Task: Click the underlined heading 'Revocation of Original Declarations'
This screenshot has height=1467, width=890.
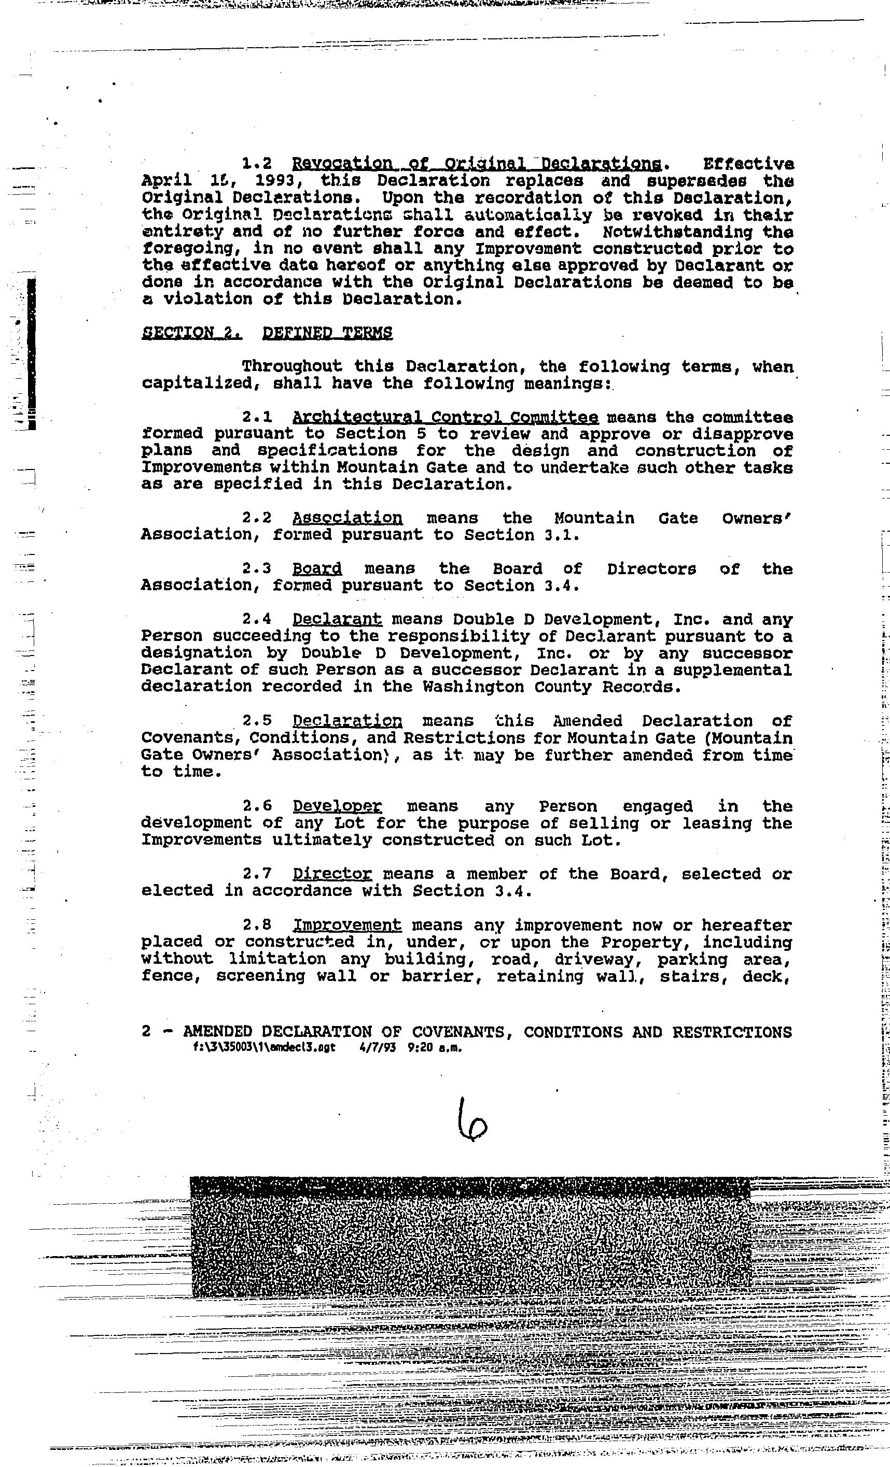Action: coord(476,164)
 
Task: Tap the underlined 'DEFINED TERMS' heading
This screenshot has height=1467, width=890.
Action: coord(327,332)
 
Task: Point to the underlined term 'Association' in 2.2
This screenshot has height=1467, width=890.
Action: coord(347,518)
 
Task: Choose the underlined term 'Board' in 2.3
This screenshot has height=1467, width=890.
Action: coord(317,569)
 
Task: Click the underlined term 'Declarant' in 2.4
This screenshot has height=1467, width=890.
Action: coord(337,620)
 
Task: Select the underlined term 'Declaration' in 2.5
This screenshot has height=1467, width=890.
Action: coord(347,721)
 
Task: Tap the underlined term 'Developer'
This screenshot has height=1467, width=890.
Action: coord(337,806)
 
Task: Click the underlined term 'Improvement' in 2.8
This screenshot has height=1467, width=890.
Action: coord(347,925)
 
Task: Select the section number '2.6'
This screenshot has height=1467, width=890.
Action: coord(257,806)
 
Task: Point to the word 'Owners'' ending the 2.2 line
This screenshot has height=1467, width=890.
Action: coord(757,518)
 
